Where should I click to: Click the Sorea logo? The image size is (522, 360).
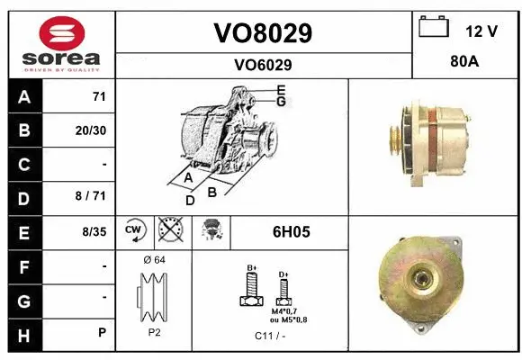coord(60,41)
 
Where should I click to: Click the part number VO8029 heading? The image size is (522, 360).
coord(262,33)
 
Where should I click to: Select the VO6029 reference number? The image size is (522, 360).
coord(262,65)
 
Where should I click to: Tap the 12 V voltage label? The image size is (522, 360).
coord(481,31)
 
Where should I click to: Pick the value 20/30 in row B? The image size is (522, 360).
coord(91,130)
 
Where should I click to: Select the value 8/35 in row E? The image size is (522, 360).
coord(93,231)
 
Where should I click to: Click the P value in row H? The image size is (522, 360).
coord(103,332)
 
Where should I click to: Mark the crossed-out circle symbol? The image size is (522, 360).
coord(168,231)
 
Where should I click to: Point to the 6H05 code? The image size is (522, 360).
coord(291,231)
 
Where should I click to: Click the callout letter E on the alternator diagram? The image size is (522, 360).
coord(281,89)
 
